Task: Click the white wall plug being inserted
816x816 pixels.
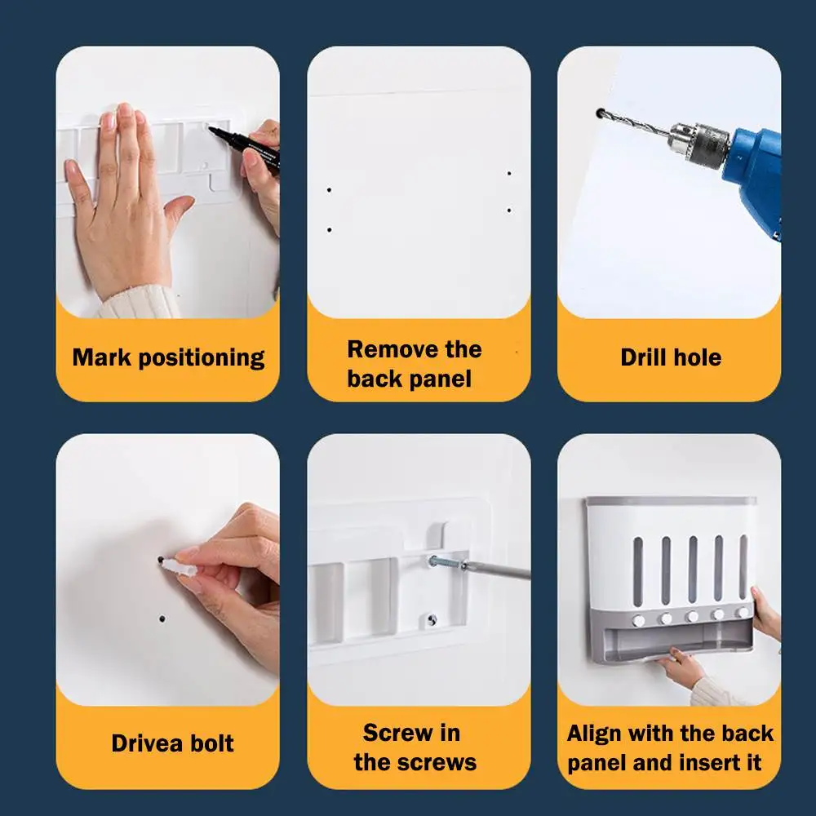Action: (180, 567)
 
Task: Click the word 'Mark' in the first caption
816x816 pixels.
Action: (101, 357)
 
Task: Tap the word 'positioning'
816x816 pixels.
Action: (202, 358)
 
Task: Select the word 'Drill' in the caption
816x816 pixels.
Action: (643, 357)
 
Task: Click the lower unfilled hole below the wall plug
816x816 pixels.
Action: (162, 619)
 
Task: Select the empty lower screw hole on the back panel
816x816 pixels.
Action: (432, 620)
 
